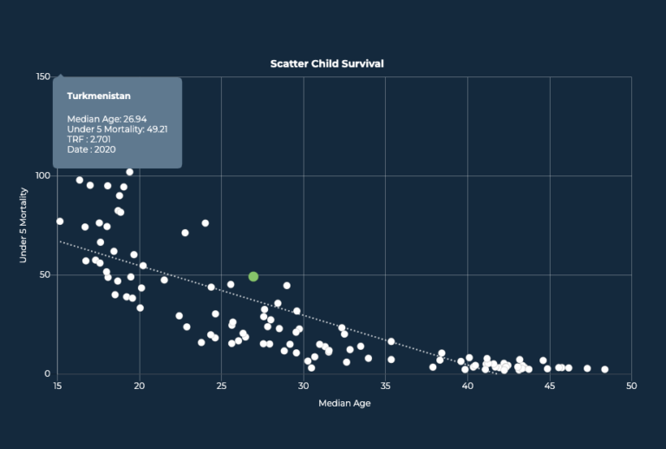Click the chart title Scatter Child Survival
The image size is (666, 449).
[x=327, y=63]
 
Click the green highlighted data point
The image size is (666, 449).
[x=253, y=276]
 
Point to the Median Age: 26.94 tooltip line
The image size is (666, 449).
[x=101, y=118]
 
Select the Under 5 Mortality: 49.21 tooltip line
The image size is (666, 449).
[x=116, y=129]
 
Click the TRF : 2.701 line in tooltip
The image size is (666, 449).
[x=88, y=139]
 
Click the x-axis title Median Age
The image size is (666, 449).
[x=343, y=403]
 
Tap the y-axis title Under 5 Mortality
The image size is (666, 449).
[x=25, y=226]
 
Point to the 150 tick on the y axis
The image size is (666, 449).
[x=42, y=76]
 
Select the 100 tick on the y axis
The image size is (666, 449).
[x=42, y=175]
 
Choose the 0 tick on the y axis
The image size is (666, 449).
[x=48, y=374]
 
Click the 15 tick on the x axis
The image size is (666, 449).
[x=58, y=386]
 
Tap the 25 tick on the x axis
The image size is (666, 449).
[x=221, y=386]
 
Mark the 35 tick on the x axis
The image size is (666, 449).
[x=385, y=386]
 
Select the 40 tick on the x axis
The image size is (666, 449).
[x=467, y=386]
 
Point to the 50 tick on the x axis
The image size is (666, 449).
[x=631, y=386]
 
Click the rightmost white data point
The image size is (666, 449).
[x=604, y=369]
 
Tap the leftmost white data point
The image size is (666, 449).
[x=60, y=221]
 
